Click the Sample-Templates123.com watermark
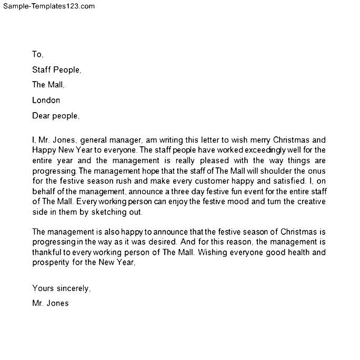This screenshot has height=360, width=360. coord(48,6)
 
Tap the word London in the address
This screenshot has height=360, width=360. coord(46,100)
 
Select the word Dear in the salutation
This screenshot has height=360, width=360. coord(42,116)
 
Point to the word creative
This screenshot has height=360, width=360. coord(309,202)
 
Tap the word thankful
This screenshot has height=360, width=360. coord(48,253)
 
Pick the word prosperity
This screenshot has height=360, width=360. coord(51,263)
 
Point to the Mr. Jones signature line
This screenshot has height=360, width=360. coord(51,303)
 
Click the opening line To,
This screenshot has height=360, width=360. coord(38,54)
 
